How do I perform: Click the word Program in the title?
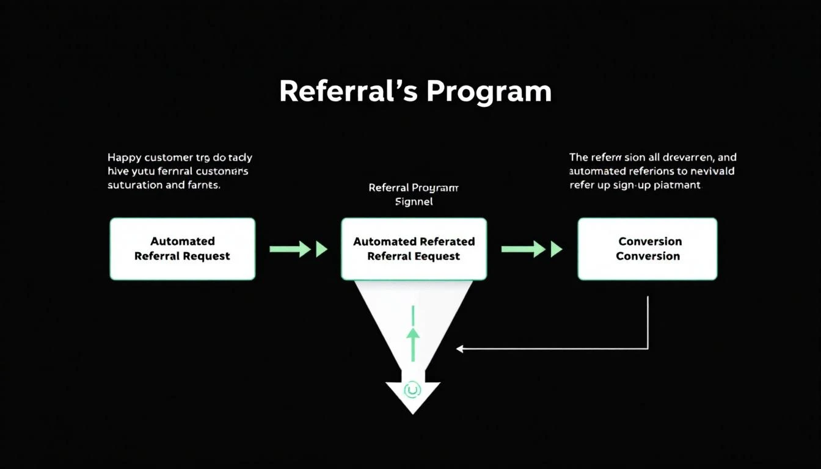[x=489, y=92]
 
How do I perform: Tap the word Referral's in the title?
[x=349, y=92]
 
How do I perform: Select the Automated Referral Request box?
[x=182, y=249]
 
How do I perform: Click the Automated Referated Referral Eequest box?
[x=414, y=249]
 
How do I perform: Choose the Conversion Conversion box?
[x=648, y=249]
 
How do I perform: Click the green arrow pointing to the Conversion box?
[x=531, y=249]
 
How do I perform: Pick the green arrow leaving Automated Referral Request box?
[x=298, y=249]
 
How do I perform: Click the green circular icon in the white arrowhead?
[x=413, y=389]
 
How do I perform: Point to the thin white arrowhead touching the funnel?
[x=460, y=349]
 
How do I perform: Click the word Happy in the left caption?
[x=124, y=158]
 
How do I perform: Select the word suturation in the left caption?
[x=134, y=184]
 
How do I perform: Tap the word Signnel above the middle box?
[x=414, y=202]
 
